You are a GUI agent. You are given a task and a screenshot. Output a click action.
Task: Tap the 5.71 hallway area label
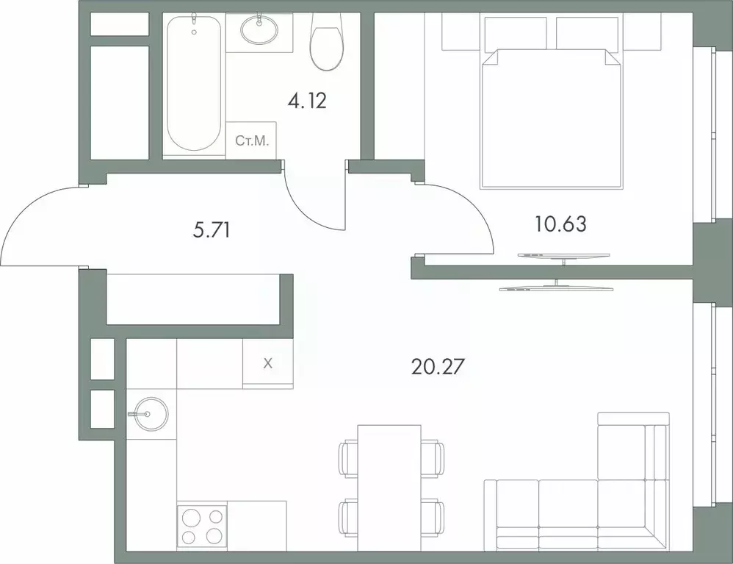point(212,231)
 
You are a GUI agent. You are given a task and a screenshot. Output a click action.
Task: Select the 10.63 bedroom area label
point(560,224)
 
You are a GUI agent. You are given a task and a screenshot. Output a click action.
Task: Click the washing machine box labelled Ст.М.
point(250,140)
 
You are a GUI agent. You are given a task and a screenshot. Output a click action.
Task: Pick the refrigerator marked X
point(267,363)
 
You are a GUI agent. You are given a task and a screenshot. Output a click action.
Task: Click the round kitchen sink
point(148,414)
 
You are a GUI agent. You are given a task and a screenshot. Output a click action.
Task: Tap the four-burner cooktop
point(201,525)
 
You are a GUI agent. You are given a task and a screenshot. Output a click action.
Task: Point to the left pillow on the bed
point(515,33)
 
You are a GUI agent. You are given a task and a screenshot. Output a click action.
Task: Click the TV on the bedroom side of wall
point(563,255)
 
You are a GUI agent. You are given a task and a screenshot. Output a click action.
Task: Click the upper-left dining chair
point(347,458)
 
